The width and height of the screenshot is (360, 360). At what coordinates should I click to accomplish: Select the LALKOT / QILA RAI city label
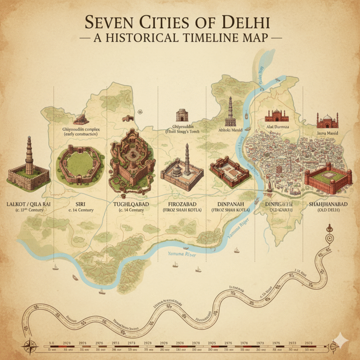29,204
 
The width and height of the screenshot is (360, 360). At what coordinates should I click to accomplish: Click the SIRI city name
81,204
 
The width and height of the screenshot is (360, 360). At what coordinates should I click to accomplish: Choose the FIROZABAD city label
181,204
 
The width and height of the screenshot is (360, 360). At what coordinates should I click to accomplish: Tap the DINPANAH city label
231,204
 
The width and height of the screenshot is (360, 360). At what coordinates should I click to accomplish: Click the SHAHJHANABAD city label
328,204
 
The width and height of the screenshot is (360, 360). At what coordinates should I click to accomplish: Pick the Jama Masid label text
327,133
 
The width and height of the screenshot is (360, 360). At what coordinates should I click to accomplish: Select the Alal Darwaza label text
277,127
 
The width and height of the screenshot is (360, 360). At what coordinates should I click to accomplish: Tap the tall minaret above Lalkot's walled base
29,155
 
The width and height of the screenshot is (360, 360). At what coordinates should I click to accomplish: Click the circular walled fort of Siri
81,165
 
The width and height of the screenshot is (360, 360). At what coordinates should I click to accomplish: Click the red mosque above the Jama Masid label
327,121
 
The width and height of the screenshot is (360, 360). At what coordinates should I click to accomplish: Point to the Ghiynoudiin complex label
81,131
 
